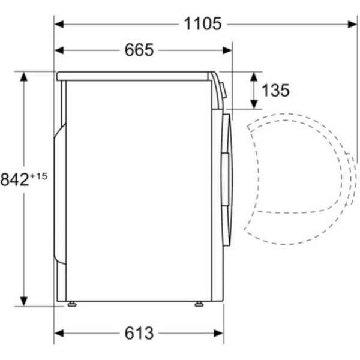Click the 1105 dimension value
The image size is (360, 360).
click(x=203, y=23)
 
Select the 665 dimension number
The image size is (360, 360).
click(x=139, y=50)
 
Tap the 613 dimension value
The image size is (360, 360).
click(x=139, y=333)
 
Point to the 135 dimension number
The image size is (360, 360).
click(x=275, y=90)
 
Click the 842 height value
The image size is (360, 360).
click(x=14, y=179)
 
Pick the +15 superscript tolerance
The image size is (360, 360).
click(x=38, y=176)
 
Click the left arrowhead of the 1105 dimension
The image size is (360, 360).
click(x=59, y=24)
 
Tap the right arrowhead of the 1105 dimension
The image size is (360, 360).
click(x=352, y=24)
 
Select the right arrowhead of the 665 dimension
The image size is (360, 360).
click(x=227, y=50)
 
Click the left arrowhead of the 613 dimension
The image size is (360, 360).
click(x=59, y=334)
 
